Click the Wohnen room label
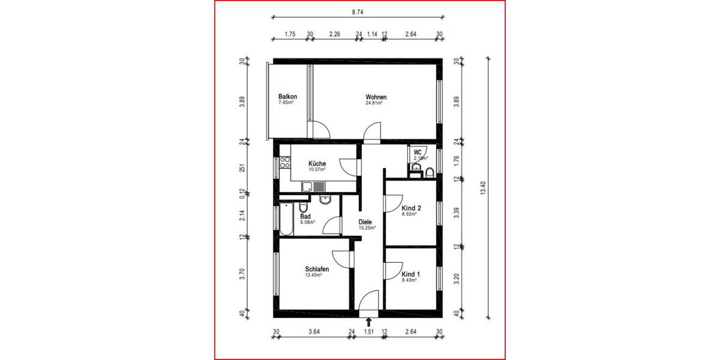tap(376, 97)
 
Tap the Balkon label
tap(287, 97)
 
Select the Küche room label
tap(317, 164)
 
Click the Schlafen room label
tap(317, 270)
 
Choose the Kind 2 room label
tap(411, 208)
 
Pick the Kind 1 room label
tap(410, 274)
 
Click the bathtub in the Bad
tap(285, 220)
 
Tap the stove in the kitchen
tap(284, 163)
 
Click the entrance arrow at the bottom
tap(368, 323)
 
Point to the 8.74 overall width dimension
tap(357, 11)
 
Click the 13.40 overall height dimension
tap(483, 188)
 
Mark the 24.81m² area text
tap(374, 103)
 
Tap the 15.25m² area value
tap(367, 228)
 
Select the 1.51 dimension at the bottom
tap(368, 331)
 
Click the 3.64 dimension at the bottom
tap(314, 331)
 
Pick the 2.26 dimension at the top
tap(335, 34)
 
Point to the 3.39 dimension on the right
tap(456, 214)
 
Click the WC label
tap(418, 152)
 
